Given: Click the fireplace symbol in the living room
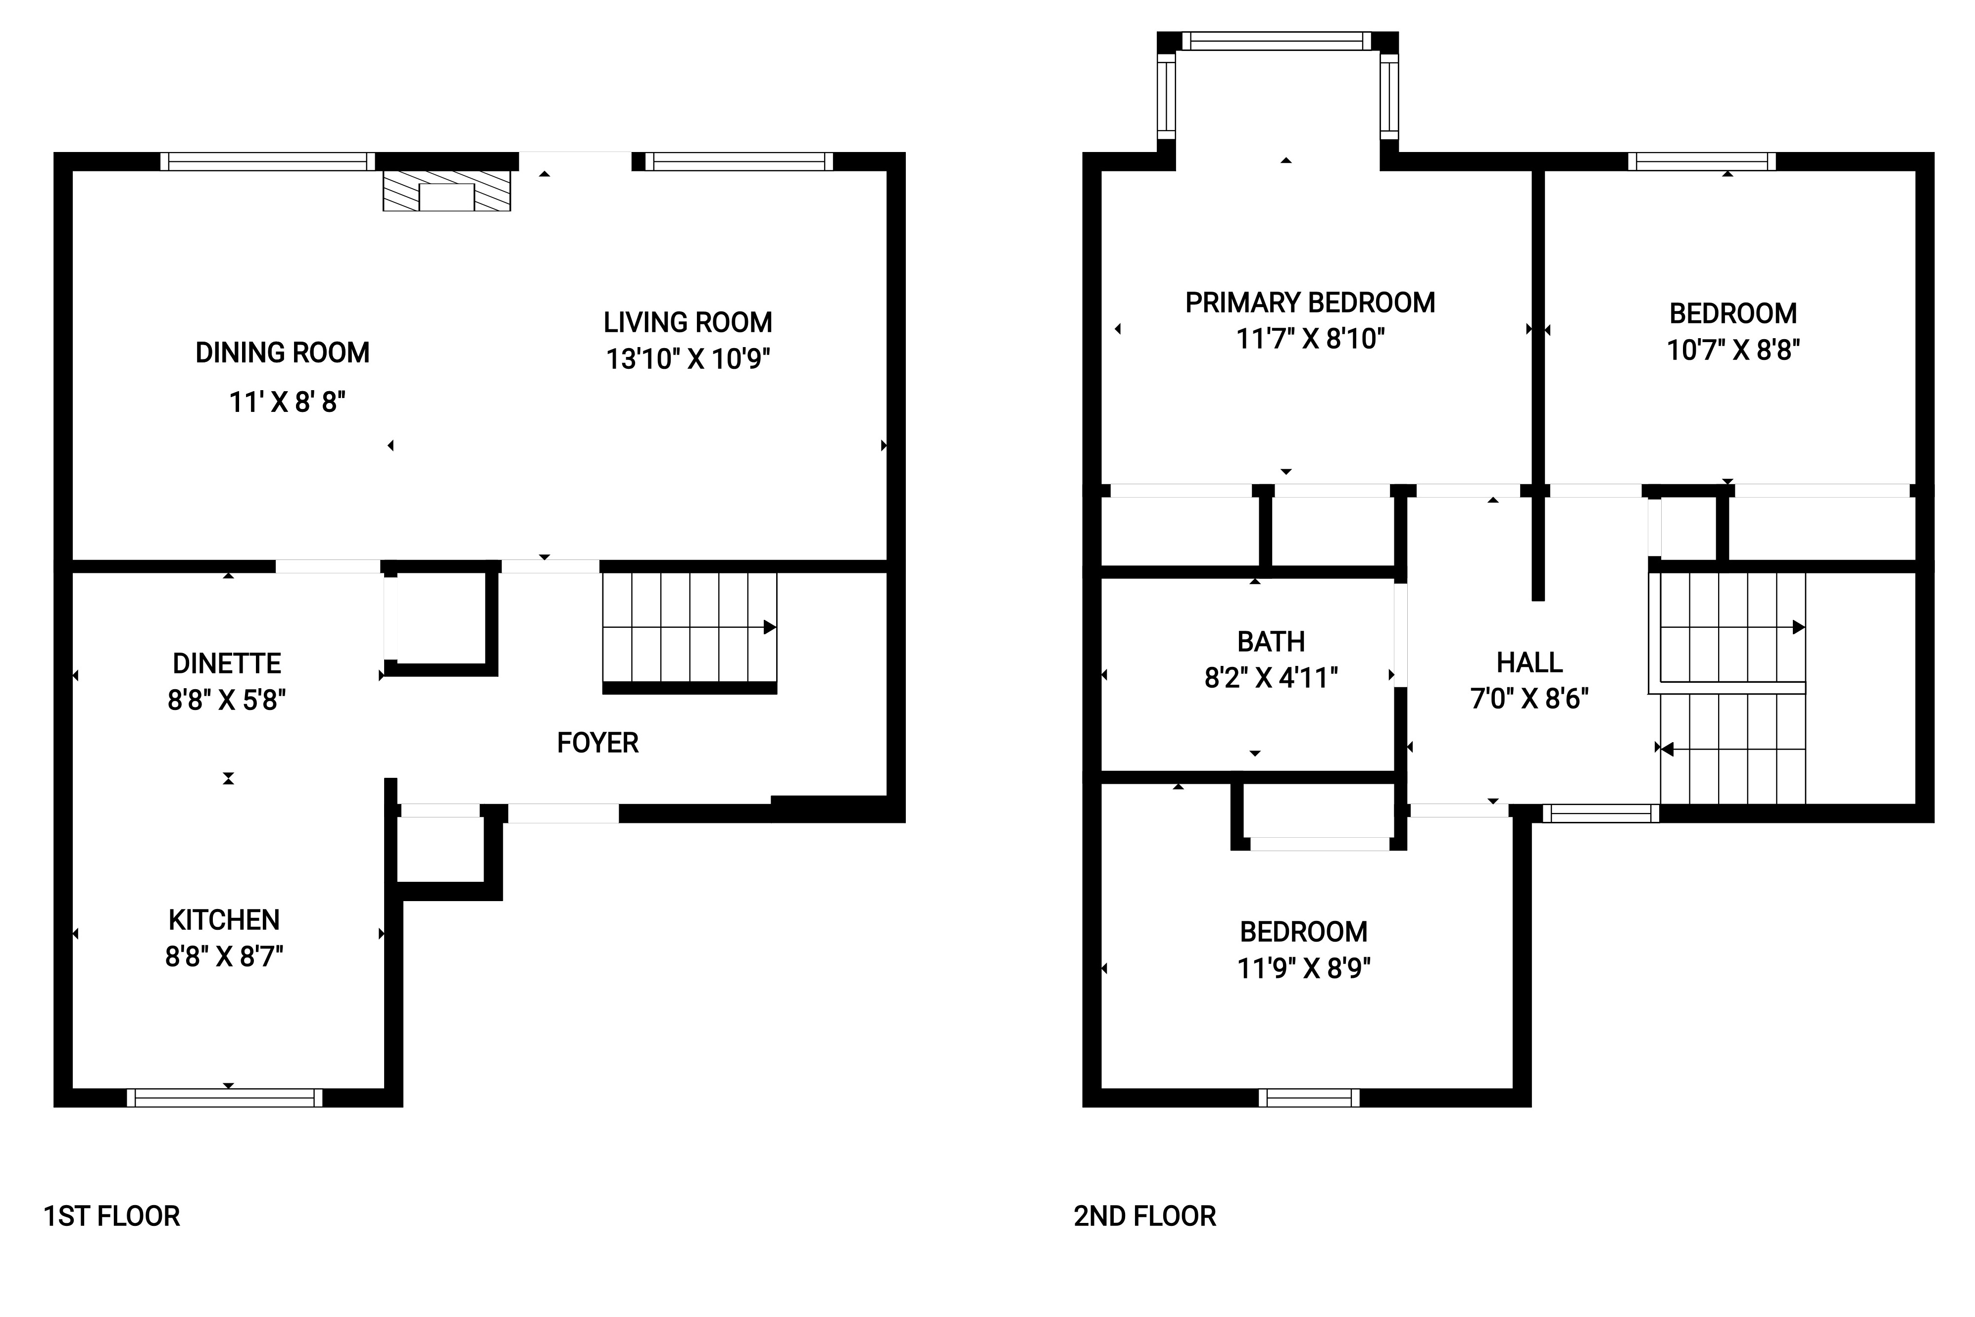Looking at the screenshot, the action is coord(446,192).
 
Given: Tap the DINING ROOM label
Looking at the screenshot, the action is coord(282,353).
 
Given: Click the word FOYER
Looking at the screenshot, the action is coord(598,743).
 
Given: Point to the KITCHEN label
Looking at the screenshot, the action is coord(224,920).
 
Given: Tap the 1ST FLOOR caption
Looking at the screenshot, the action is coord(112,1216).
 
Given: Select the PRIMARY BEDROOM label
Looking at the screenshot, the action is coord(1310,303).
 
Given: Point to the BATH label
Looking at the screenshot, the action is coord(1271,642).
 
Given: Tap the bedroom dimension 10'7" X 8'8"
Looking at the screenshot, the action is coord(1733,350).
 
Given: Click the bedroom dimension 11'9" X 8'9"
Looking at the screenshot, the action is coord(1304,968).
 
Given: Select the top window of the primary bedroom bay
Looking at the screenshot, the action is coord(1277,41).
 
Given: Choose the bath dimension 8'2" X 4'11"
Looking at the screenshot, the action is coord(1271,678).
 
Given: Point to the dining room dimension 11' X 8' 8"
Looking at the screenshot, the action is coord(287,403).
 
